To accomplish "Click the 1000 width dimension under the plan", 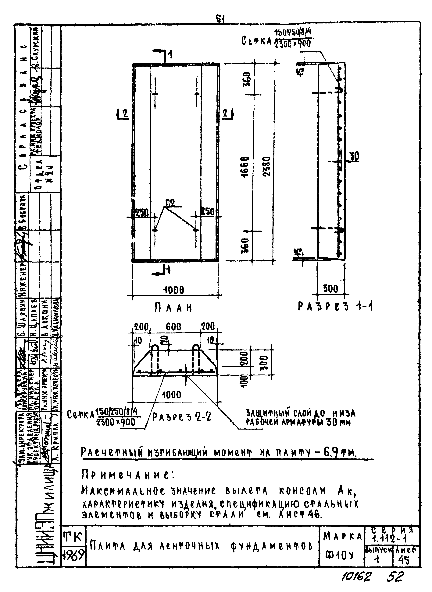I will click(174, 290).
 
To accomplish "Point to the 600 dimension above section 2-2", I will click(173, 327).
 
